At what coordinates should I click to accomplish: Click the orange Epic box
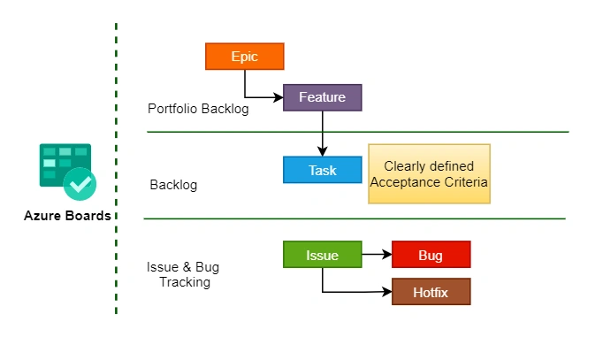point(244,56)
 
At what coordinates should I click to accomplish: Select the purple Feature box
point(322,97)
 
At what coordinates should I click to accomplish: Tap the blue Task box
point(322,170)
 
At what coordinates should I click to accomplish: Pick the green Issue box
point(322,255)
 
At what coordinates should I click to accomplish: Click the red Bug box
point(431,255)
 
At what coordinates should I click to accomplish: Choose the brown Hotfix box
point(431,291)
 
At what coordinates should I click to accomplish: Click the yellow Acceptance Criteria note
point(429,173)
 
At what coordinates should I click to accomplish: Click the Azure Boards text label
point(67,216)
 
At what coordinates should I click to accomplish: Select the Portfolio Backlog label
point(198,109)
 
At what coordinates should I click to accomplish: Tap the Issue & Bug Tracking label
point(184,274)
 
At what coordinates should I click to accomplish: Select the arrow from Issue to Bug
point(377,255)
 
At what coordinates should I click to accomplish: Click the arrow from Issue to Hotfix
point(354,291)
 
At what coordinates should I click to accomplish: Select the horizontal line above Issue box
point(354,218)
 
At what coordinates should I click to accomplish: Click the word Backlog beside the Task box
point(173,185)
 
